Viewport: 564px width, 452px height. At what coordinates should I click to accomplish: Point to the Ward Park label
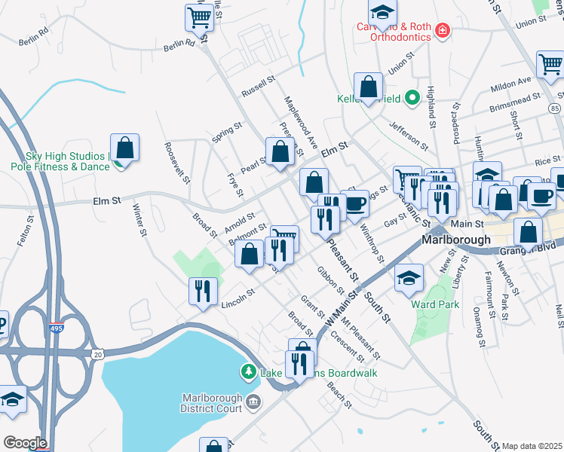pos(435,305)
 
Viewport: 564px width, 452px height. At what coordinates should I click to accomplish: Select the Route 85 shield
pos(555,109)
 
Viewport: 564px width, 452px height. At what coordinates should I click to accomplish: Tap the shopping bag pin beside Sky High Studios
pos(125,147)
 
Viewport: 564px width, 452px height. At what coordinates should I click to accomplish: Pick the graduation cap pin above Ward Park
pos(408,277)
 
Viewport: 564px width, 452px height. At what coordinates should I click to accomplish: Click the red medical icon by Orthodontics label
pos(443,31)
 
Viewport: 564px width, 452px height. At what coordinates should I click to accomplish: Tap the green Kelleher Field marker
pos(412,97)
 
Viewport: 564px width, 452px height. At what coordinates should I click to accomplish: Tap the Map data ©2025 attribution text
pos(532,446)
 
